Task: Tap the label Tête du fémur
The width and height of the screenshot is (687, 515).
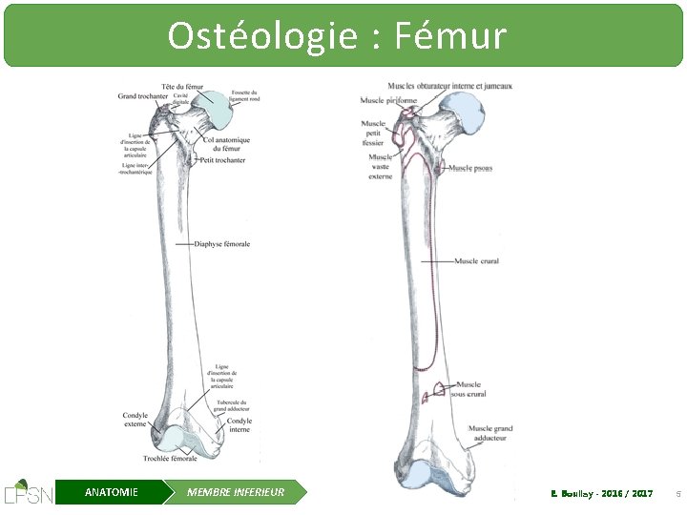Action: tap(184, 87)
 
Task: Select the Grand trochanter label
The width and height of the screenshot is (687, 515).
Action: tap(142, 96)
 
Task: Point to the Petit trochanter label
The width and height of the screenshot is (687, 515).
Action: tap(222, 160)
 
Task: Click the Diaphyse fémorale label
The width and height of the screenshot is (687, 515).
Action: tap(222, 244)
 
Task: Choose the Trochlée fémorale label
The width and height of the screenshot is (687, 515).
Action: tap(170, 459)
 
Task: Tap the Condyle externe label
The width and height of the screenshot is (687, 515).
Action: tap(135, 421)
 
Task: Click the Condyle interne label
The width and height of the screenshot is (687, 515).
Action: tap(239, 425)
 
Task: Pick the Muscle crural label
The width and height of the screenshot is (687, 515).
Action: tap(476, 261)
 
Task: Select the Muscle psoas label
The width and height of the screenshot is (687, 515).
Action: tap(470, 169)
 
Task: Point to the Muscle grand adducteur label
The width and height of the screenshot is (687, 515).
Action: tap(490, 434)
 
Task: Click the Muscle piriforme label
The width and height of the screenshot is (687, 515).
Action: tap(388, 100)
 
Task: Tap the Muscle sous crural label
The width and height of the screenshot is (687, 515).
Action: tap(469, 389)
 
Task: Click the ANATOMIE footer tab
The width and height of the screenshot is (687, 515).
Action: tap(111, 492)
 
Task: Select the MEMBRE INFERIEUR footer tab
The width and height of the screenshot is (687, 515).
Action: tap(235, 492)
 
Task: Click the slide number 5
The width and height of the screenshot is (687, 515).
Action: tap(677, 493)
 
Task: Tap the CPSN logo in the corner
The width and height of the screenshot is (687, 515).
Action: tap(28, 491)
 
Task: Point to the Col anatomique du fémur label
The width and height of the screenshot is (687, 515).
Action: tap(226, 144)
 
